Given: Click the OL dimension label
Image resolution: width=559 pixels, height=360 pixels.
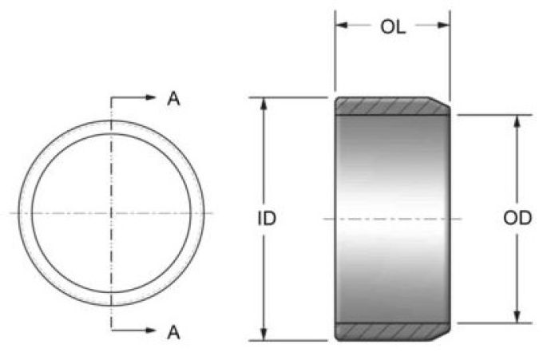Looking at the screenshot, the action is pyautogui.click(x=393, y=27).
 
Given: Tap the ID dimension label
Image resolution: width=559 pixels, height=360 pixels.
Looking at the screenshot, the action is pyautogui.click(x=267, y=218).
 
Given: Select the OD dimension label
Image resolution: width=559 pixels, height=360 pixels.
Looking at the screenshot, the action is pyautogui.click(x=517, y=218).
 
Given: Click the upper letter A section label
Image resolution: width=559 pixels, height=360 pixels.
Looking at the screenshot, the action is pyautogui.click(x=173, y=99).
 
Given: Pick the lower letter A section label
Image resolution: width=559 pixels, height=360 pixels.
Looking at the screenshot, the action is pyautogui.click(x=173, y=333).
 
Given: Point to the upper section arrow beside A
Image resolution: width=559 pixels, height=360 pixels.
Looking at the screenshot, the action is pyautogui.click(x=133, y=97).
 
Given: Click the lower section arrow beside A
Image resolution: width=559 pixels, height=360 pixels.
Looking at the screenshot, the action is pyautogui.click(x=133, y=330).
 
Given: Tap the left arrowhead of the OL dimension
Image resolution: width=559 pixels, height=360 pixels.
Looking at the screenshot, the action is pyautogui.click(x=342, y=25).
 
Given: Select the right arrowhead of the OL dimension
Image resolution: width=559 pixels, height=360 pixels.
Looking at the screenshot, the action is pyautogui.click(x=443, y=25).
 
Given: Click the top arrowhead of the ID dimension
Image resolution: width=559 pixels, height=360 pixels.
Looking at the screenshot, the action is pyautogui.click(x=264, y=104).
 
